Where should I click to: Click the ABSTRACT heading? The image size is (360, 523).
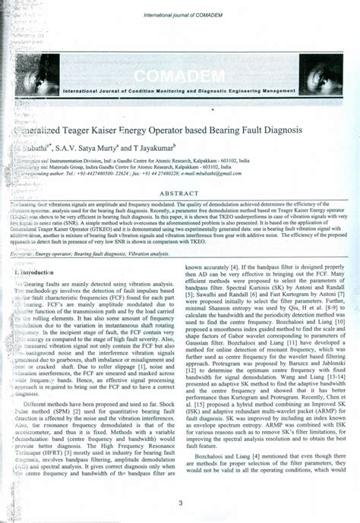(x=180, y=193)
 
